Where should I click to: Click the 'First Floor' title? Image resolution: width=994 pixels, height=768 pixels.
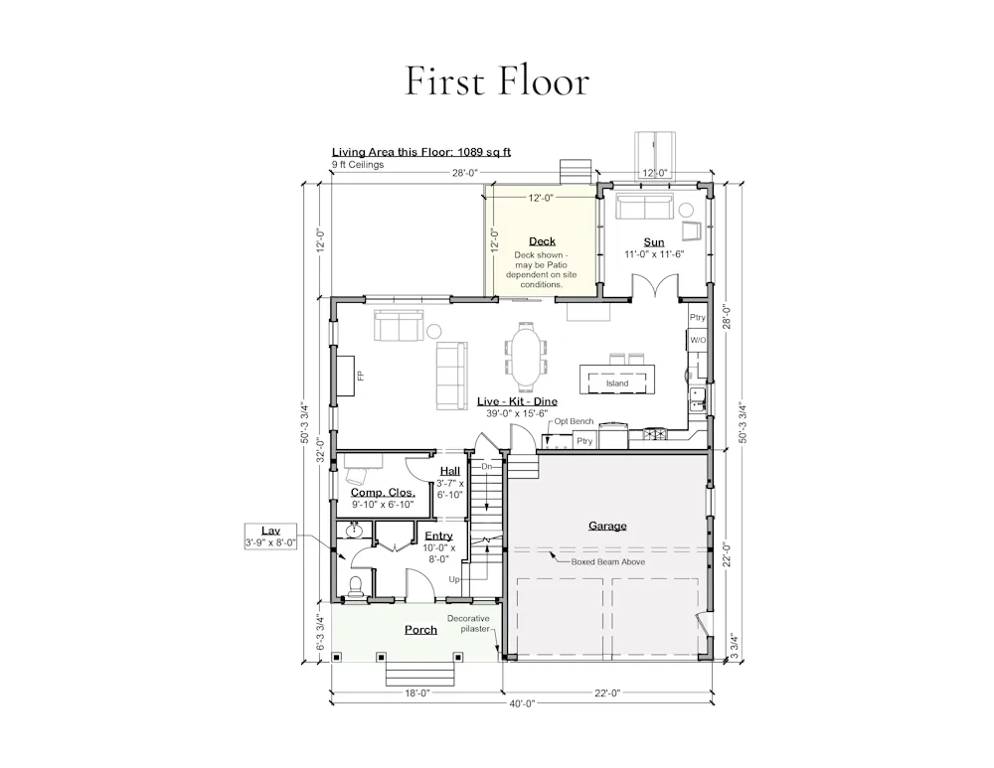[497, 81]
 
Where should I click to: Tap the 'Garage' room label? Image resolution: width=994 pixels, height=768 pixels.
[607, 526]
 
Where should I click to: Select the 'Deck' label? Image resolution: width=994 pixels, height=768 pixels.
[542, 240]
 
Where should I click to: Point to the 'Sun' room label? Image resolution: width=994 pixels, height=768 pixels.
[654, 242]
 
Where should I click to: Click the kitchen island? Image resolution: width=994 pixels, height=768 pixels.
[617, 380]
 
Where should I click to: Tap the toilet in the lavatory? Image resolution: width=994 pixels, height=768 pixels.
[356, 586]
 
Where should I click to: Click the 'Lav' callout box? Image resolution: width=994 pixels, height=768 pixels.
[270, 537]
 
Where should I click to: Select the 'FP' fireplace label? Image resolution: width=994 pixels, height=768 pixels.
[360, 376]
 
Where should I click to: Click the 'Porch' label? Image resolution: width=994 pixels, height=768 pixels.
[420, 629]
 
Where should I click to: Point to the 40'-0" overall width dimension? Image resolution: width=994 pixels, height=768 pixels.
[521, 702]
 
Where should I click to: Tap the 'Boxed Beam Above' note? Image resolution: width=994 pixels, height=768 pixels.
[608, 561]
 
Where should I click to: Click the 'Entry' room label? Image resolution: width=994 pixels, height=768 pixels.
[438, 537]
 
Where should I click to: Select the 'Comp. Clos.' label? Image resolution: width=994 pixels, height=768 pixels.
[383, 493]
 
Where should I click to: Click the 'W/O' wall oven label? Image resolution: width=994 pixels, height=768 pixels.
[698, 340]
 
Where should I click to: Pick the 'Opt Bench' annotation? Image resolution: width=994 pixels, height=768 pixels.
[574, 420]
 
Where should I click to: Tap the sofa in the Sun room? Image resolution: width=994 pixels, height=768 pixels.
[644, 207]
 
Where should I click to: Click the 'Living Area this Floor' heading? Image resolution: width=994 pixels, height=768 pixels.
[420, 152]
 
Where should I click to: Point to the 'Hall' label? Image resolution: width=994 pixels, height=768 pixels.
[450, 471]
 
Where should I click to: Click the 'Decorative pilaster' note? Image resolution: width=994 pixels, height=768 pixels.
[468, 624]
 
